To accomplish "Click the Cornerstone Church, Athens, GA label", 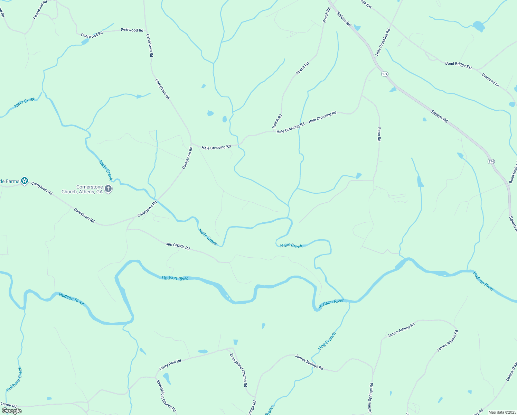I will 82,190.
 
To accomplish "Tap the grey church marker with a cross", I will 108,189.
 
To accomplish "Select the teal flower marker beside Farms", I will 24,181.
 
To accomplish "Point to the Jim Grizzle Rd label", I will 178,246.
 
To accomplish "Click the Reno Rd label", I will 379,134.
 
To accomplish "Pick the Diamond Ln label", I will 490,80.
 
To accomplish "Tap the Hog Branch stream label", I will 327,341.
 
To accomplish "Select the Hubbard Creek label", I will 14,379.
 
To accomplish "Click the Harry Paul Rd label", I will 170,365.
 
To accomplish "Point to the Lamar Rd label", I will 9,405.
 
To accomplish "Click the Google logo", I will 11,411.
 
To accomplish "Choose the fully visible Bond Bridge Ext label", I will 458,65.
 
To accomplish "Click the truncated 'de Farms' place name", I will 10,181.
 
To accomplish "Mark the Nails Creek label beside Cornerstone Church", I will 106,170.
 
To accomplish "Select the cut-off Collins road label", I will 511,371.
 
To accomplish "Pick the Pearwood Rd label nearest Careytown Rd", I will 132,30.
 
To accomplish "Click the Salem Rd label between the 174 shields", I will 439,116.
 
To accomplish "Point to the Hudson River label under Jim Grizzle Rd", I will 175,278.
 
